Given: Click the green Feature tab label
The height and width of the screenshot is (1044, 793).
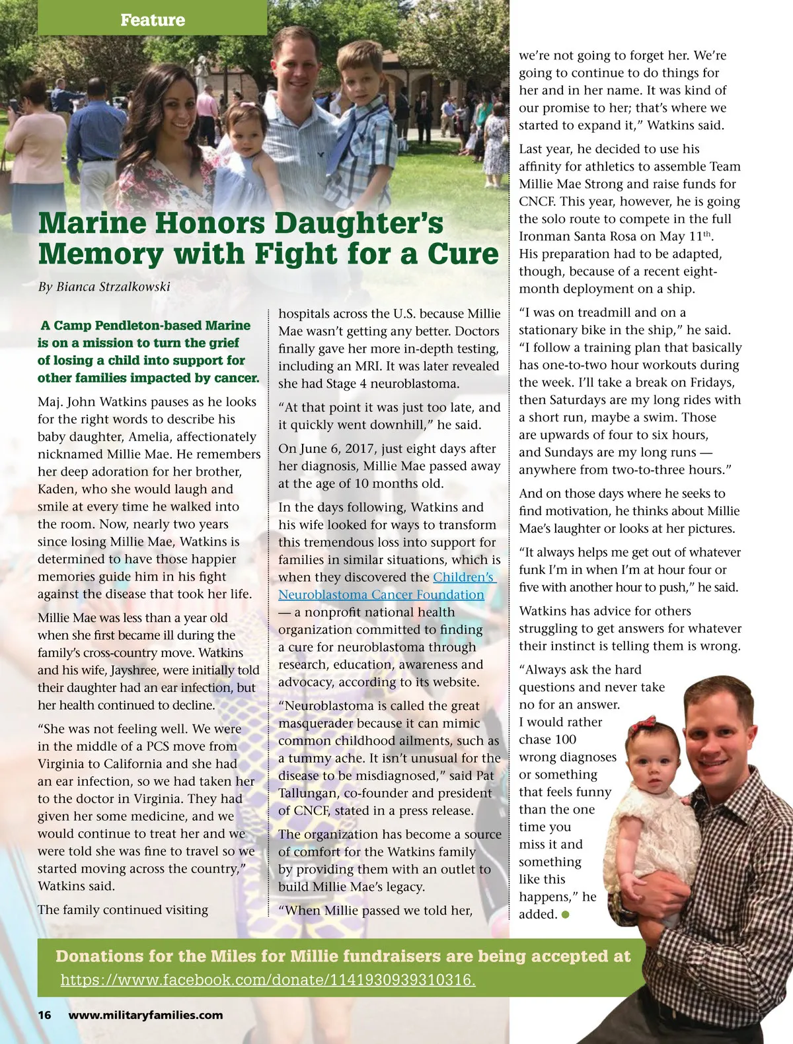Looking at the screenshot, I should (x=153, y=20).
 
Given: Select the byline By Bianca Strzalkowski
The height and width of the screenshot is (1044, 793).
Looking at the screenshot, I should (x=104, y=287).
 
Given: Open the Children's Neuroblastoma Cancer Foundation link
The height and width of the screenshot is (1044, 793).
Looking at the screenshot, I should (x=387, y=586).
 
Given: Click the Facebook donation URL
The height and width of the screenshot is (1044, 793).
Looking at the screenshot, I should (x=268, y=980).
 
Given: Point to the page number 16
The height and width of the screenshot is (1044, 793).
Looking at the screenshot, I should (x=44, y=1016).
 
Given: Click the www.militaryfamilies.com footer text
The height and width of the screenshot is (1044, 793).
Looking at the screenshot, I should (x=145, y=1016).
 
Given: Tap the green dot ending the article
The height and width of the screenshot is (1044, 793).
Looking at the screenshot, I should (x=566, y=915).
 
